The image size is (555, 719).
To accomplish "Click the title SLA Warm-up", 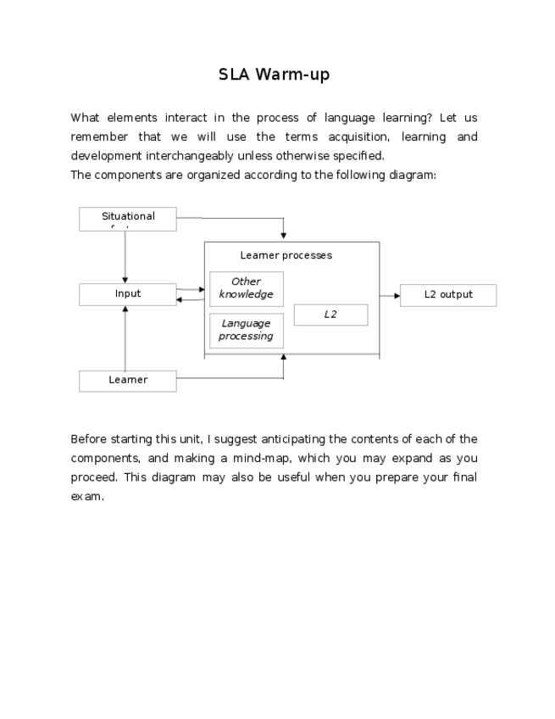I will point(274,75).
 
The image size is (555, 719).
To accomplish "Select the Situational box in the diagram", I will point(128,219).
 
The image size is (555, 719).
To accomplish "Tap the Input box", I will point(128,294).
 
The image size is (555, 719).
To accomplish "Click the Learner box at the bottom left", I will point(128,381).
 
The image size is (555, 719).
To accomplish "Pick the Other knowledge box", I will point(246,288).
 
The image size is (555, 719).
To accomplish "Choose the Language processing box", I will point(246,330).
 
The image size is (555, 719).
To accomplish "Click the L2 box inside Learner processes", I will point(330,315).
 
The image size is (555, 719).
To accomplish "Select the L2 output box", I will point(448,295).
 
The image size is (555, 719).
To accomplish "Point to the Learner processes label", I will point(286,255).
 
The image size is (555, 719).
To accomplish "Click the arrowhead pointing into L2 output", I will point(396,296).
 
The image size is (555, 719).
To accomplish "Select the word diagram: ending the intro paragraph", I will point(413,176).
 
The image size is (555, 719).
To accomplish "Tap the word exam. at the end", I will point(87,497).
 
